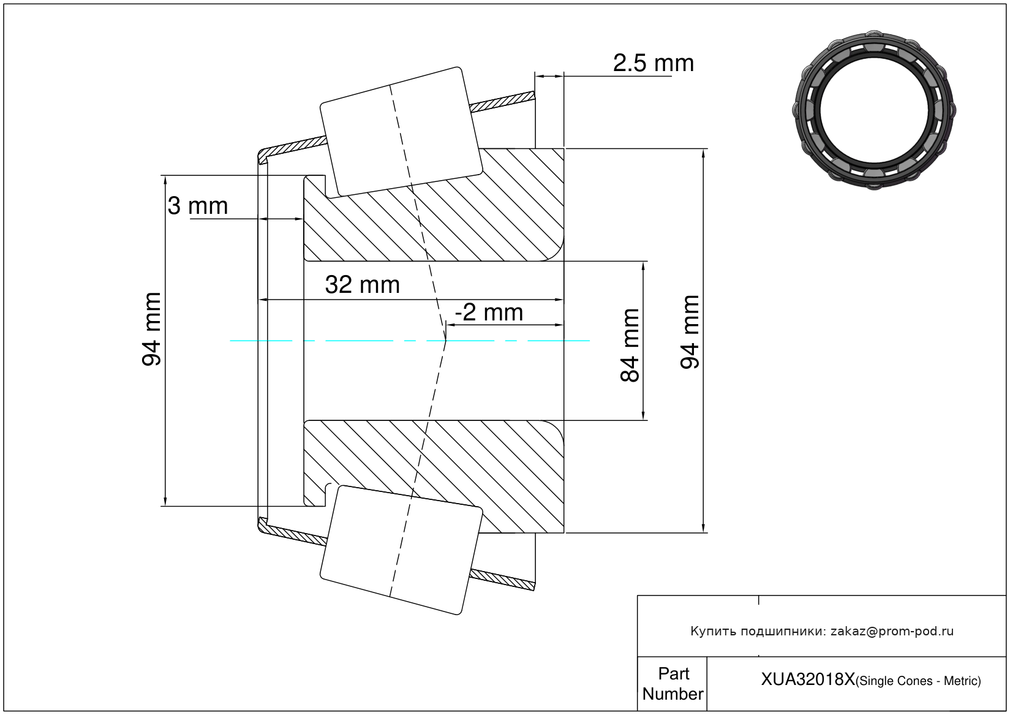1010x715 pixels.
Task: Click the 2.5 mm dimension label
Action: [653, 63]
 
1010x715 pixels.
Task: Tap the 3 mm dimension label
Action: [198, 206]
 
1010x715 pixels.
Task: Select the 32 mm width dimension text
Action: [362, 285]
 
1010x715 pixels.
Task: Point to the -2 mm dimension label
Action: [489, 312]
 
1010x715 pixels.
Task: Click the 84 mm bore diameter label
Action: [630, 346]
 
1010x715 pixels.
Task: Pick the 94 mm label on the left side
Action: [151, 330]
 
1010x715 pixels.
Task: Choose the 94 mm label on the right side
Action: [690, 332]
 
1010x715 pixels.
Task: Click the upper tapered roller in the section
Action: [401, 132]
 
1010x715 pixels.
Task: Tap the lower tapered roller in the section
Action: [401, 550]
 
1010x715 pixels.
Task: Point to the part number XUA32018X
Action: [807, 679]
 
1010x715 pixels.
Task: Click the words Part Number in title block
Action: [673, 684]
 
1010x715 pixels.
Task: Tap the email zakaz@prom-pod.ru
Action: [892, 631]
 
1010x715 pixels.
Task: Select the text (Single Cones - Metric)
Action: [918, 681]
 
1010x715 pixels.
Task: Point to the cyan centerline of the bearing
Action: [367, 341]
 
